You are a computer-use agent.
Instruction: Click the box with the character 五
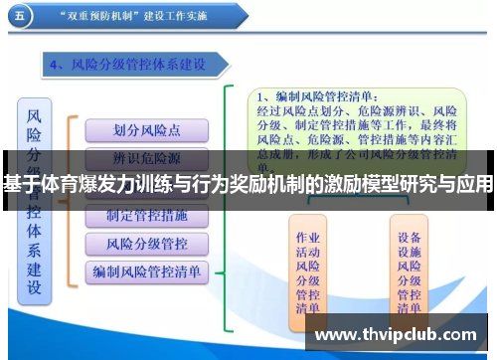[x=22, y=17]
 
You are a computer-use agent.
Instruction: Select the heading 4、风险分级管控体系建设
[x=140, y=65]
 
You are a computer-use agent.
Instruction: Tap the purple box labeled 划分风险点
[x=146, y=130]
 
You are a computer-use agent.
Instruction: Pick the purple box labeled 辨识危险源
[x=146, y=159]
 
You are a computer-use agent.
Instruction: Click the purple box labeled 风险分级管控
[x=146, y=244]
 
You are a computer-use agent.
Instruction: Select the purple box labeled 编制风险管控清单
[x=146, y=270]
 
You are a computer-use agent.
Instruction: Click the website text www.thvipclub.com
[x=396, y=335]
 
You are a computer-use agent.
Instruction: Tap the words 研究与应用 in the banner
[x=448, y=186]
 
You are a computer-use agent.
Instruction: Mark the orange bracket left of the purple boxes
[x=70, y=199]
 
